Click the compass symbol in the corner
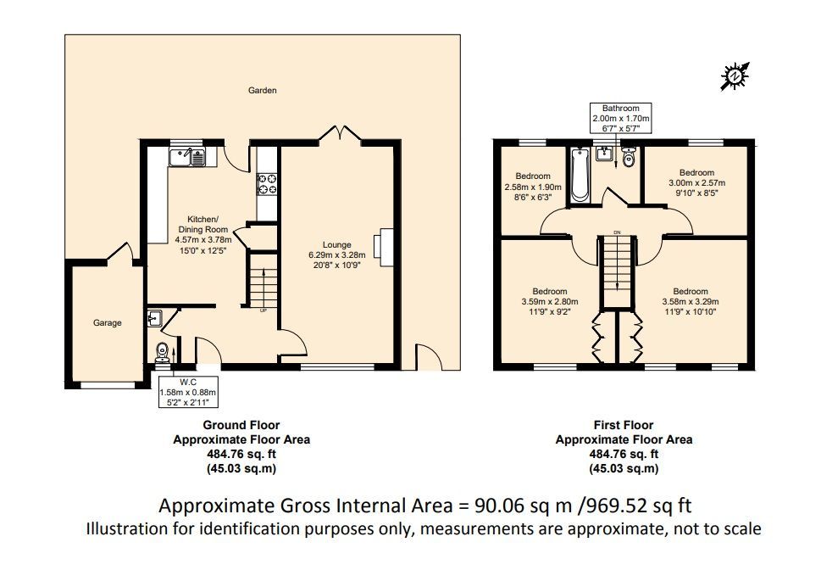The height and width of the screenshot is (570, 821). [x=735, y=76]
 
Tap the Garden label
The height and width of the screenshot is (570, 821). [x=263, y=90]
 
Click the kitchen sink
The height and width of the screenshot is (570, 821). [x=187, y=157]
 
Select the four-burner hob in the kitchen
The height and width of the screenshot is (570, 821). [x=267, y=184]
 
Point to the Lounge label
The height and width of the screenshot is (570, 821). [x=336, y=245]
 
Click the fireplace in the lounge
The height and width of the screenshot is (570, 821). [x=386, y=247]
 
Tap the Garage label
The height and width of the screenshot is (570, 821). [x=108, y=323]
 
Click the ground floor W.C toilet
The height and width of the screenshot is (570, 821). [x=163, y=353]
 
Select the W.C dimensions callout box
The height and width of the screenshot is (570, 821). [x=188, y=392]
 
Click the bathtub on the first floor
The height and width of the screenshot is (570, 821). [x=580, y=175]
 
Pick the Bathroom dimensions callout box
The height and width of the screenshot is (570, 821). [x=621, y=118]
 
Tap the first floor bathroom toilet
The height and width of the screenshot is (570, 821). [x=629, y=157]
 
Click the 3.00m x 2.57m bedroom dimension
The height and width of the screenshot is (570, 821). [x=697, y=183]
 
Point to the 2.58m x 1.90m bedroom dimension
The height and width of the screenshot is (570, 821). [x=533, y=187]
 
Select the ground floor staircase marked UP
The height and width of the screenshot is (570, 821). [x=263, y=281]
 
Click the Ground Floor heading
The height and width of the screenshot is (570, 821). [x=241, y=425]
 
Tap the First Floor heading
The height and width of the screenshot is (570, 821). [x=624, y=425]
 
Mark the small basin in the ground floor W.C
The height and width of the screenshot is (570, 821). [x=155, y=318]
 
